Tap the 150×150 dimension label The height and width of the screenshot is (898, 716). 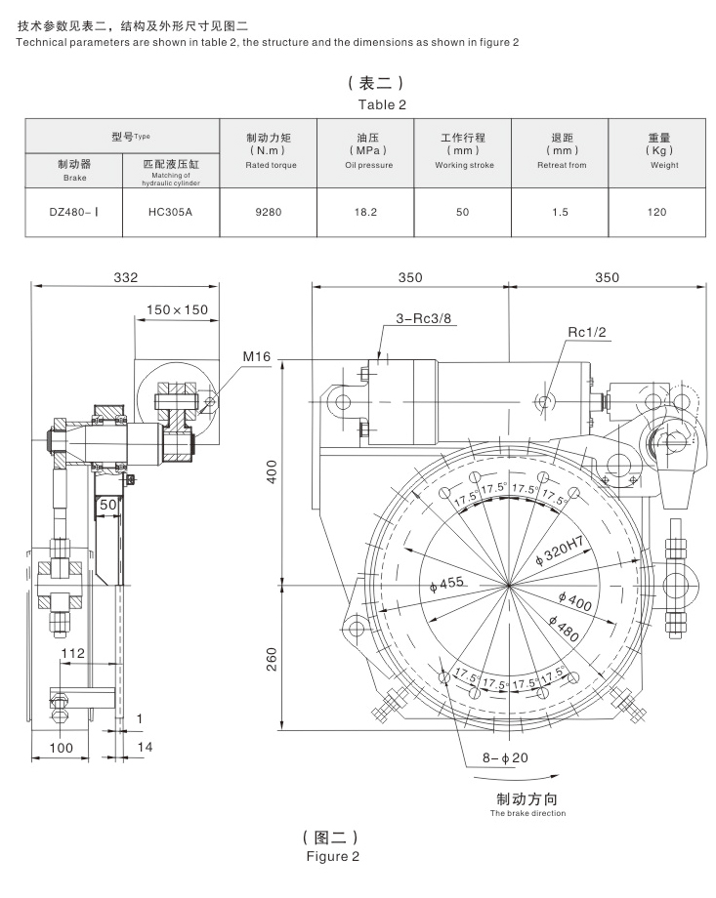pyautogui.click(x=177, y=310)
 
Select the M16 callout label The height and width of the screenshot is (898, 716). pyautogui.click(x=257, y=359)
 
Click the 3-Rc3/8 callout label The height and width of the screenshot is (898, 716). pyautogui.click(x=424, y=318)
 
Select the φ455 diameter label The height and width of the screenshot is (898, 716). pyautogui.click(x=447, y=584)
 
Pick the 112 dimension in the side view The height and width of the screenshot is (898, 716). pyautogui.click(x=73, y=653)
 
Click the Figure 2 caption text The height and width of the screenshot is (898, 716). pyautogui.click(x=333, y=857)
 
